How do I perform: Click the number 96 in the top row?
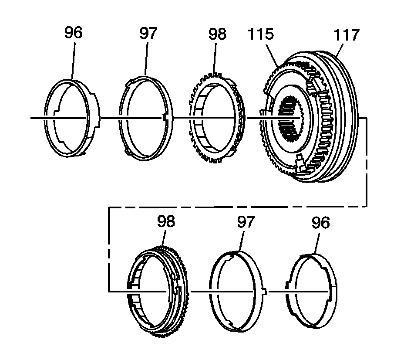[x=73, y=33]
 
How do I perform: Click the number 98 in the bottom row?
[x=166, y=221]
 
